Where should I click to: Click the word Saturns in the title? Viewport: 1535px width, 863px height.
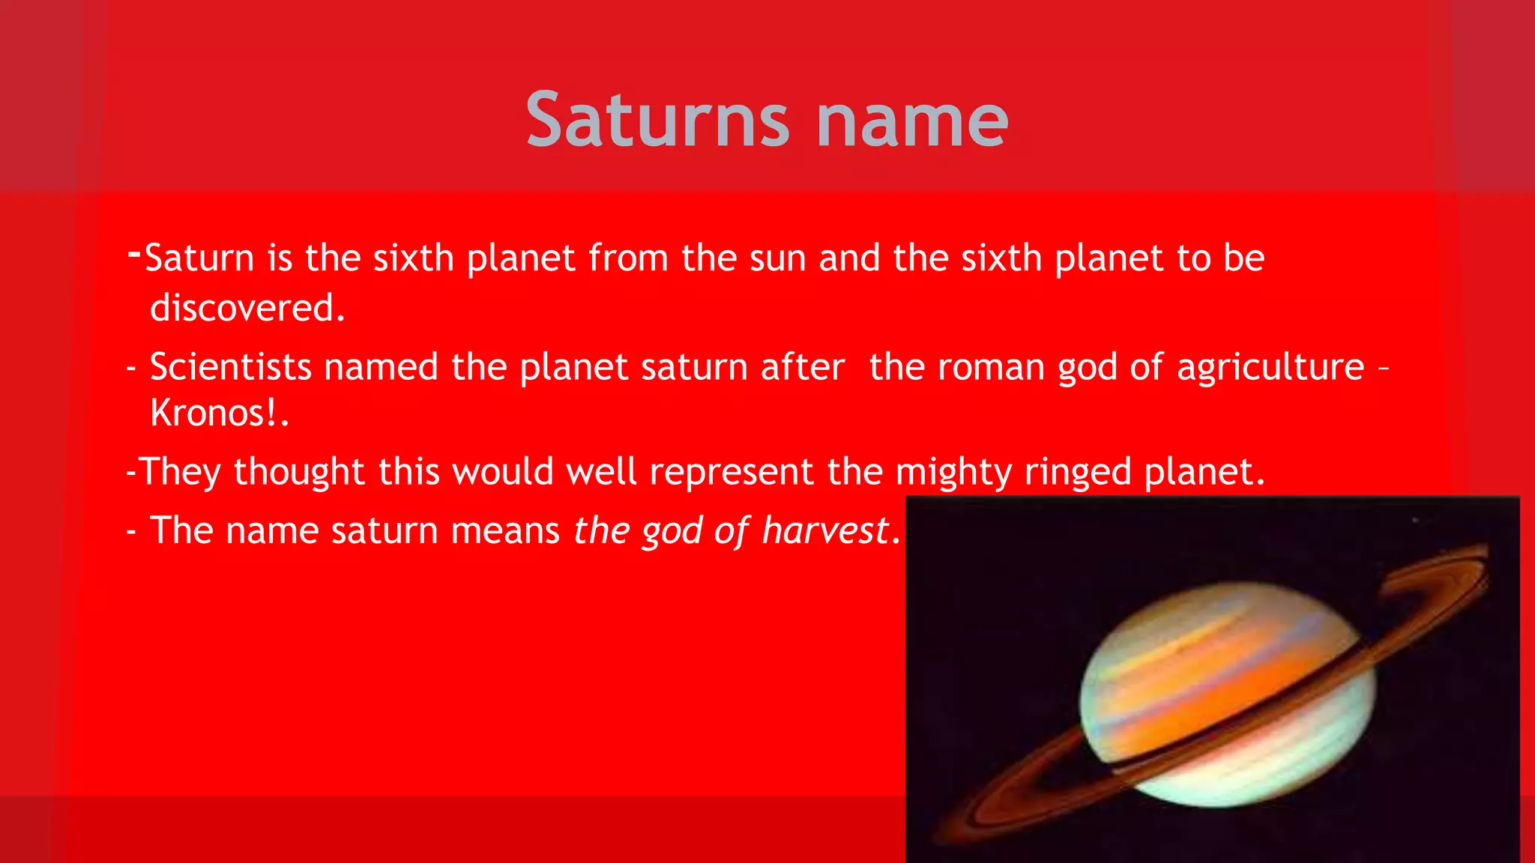[x=657, y=120]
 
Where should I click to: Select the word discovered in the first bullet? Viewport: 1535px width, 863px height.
[x=247, y=308]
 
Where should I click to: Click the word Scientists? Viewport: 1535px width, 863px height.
[x=230, y=367]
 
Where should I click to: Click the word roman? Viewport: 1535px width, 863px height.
[x=990, y=368]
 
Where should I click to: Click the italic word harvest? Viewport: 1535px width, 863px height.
[x=825, y=531]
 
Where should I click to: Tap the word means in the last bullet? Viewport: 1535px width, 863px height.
[x=505, y=531]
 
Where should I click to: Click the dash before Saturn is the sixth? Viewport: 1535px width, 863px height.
[x=134, y=253]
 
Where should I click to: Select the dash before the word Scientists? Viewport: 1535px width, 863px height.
[x=131, y=369]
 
